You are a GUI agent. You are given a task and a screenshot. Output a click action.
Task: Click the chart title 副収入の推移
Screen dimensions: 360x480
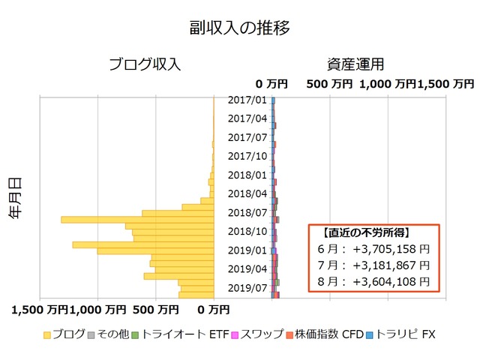click(x=239, y=28)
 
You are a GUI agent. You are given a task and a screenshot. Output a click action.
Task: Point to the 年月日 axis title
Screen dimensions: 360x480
click(x=14, y=197)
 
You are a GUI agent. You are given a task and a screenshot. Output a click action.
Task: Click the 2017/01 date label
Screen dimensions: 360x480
click(x=247, y=100)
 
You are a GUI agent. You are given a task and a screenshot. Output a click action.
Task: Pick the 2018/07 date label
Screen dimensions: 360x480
click(x=247, y=212)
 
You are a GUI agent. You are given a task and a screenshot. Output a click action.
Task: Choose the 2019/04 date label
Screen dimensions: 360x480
click(x=247, y=268)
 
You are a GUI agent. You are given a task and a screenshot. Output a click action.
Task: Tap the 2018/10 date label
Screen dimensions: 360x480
click(x=247, y=231)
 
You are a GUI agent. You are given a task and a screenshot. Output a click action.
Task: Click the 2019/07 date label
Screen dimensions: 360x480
click(x=247, y=287)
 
